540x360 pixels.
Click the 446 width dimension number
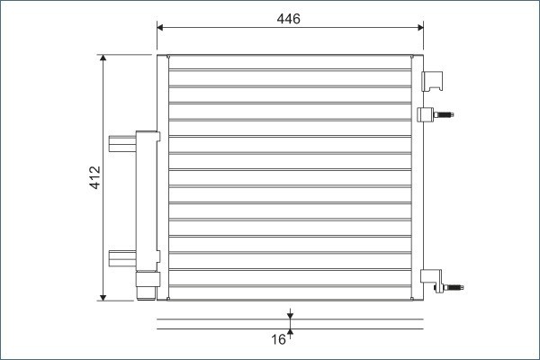coord(289,19)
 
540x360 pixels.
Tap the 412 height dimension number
coord(94,177)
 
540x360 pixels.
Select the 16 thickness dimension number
coord(278,339)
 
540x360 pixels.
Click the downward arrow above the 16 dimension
coord(291,314)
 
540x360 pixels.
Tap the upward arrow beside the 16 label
coord(291,336)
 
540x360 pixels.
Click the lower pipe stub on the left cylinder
coord(121,257)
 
